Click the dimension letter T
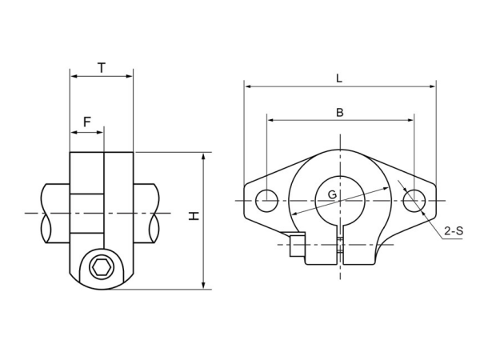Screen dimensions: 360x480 tap(102, 68)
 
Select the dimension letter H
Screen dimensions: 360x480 tap(193, 216)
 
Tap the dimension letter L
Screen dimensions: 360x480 tap(339, 78)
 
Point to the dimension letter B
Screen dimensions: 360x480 tap(339, 113)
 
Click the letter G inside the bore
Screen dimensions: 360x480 tap(332, 194)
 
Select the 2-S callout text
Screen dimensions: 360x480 tap(454, 232)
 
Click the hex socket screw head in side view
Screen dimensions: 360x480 tap(101, 266)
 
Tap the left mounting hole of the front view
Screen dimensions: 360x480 tap(266, 200)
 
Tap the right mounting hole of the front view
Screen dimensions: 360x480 tap(413, 200)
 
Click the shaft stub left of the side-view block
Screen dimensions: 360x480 tap(54, 214)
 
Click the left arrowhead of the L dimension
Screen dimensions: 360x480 tap(247, 85)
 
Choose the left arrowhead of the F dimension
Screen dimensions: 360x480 tap(74, 131)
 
